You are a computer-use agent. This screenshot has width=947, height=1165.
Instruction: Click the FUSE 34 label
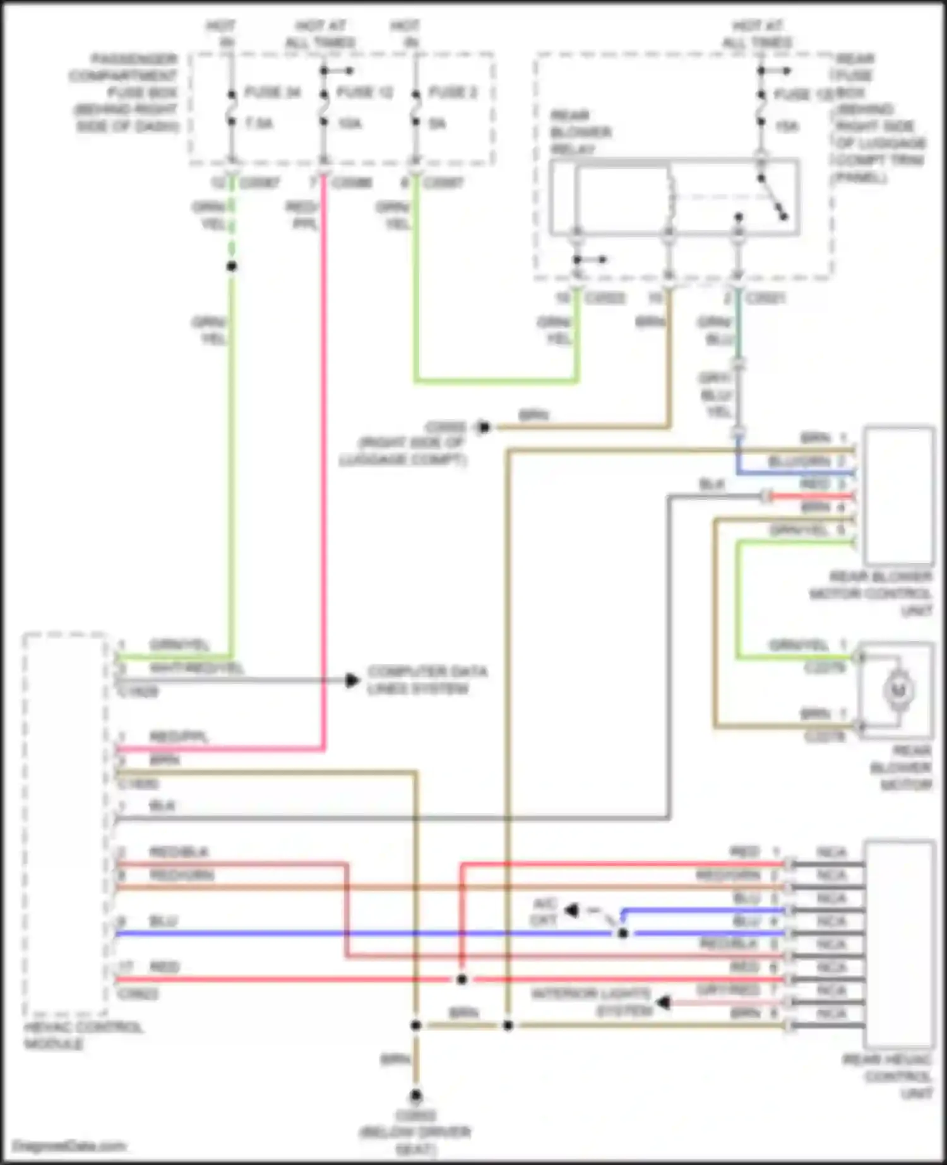pyautogui.click(x=272, y=92)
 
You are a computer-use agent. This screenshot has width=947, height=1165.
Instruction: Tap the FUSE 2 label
pyautogui.click(x=453, y=92)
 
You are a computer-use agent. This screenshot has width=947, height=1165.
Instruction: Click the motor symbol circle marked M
pyautogui.click(x=899, y=690)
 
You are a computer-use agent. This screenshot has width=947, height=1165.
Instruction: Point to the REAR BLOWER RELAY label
pyautogui.click(x=580, y=132)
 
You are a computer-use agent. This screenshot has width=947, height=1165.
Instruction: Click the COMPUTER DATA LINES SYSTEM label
pyautogui.click(x=427, y=680)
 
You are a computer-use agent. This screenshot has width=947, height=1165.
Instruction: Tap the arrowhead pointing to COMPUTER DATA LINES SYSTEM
pyautogui.click(x=352, y=680)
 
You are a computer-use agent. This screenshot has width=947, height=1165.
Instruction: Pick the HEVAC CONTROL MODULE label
pyautogui.click(x=83, y=1036)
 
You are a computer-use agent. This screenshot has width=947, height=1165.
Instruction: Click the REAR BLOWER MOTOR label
pyautogui.click(x=902, y=768)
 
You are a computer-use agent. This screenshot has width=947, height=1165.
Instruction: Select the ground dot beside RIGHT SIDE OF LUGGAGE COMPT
pyautogui.click(x=484, y=427)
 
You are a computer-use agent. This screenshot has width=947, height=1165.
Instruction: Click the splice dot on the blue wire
pyautogui.click(x=622, y=933)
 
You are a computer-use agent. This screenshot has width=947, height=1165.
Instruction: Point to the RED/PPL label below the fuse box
pyautogui.click(x=303, y=215)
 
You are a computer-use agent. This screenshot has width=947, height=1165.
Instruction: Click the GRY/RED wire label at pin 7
pyautogui.click(x=729, y=990)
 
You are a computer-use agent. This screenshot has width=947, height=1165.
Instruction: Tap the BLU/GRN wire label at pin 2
pyautogui.click(x=799, y=462)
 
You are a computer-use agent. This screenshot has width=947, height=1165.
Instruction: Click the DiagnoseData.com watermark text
pyautogui.click(x=69, y=1145)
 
